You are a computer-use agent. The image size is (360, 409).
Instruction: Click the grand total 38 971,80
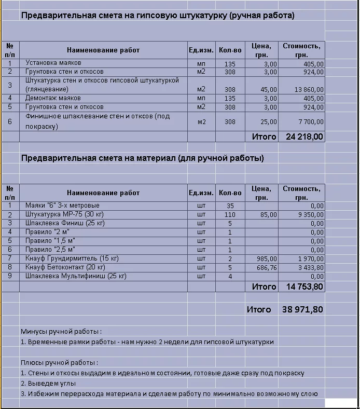click(302, 309)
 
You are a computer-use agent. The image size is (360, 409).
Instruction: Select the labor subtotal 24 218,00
click(304, 137)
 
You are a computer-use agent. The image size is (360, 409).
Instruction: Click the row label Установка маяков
click(53, 63)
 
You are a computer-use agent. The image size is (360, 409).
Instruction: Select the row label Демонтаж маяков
click(53, 98)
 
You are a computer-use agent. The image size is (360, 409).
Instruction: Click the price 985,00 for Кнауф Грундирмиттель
click(267, 258)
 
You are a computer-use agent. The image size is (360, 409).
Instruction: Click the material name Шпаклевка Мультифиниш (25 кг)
click(76, 276)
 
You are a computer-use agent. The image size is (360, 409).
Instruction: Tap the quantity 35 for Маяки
click(230, 206)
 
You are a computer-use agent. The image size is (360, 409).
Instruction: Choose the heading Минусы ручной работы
click(61, 331)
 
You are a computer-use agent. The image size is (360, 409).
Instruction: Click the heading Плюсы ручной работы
click(60, 362)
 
